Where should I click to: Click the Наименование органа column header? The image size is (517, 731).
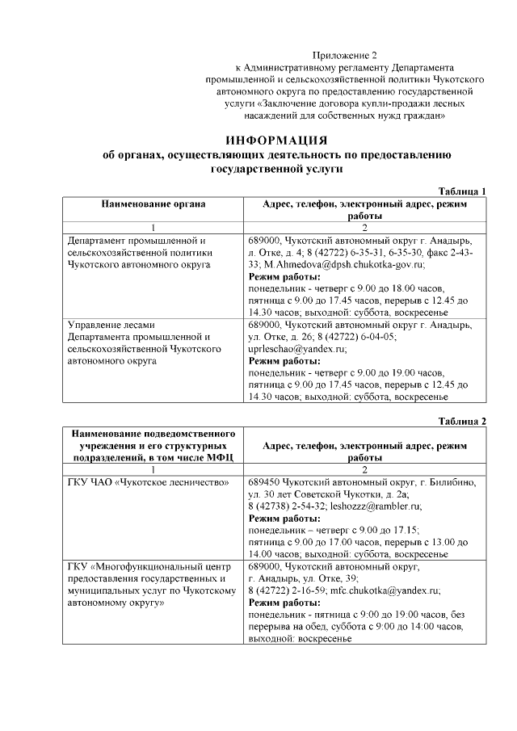(x=153, y=204)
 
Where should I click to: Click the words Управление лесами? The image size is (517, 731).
(x=105, y=325)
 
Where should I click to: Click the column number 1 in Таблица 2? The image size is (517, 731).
(x=153, y=469)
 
